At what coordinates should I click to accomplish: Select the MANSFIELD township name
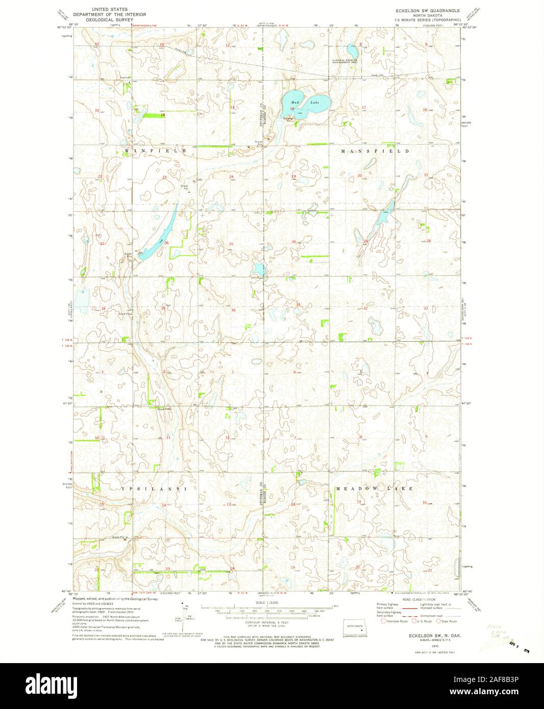[x=375, y=151]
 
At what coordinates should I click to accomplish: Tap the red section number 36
[x=233, y=310]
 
